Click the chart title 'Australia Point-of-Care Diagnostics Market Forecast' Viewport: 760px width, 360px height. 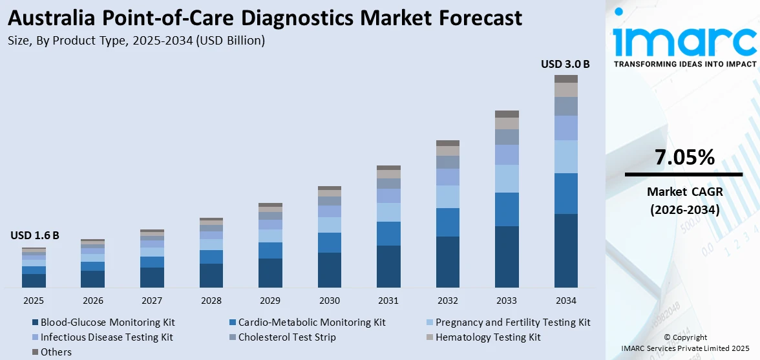click(x=265, y=17)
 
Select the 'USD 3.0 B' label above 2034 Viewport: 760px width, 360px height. click(x=565, y=64)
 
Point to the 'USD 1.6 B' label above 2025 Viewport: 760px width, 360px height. click(x=35, y=236)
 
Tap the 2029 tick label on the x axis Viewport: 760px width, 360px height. click(x=270, y=301)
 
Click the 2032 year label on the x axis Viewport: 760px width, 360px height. click(x=447, y=301)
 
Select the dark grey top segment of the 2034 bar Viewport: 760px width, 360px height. click(x=565, y=79)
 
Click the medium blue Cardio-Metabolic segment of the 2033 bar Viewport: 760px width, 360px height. click(x=507, y=209)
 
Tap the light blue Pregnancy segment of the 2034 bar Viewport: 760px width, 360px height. click(x=565, y=156)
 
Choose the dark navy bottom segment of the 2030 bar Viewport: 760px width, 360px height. click(x=330, y=270)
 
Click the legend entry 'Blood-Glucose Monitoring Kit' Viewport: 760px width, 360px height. click(x=107, y=322)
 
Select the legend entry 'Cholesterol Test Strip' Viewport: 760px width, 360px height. click(x=287, y=337)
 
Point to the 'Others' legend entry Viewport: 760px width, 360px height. click(x=56, y=352)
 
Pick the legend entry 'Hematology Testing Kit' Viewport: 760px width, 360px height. click(x=488, y=337)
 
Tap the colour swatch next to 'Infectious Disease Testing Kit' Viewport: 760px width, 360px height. click(x=34, y=337)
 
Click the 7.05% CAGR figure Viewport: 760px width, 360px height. click(x=684, y=157)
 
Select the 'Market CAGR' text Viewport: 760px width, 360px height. click(x=684, y=192)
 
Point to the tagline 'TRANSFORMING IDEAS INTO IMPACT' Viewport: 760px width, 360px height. click(x=684, y=64)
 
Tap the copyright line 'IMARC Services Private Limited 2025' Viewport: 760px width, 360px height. click(x=684, y=348)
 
